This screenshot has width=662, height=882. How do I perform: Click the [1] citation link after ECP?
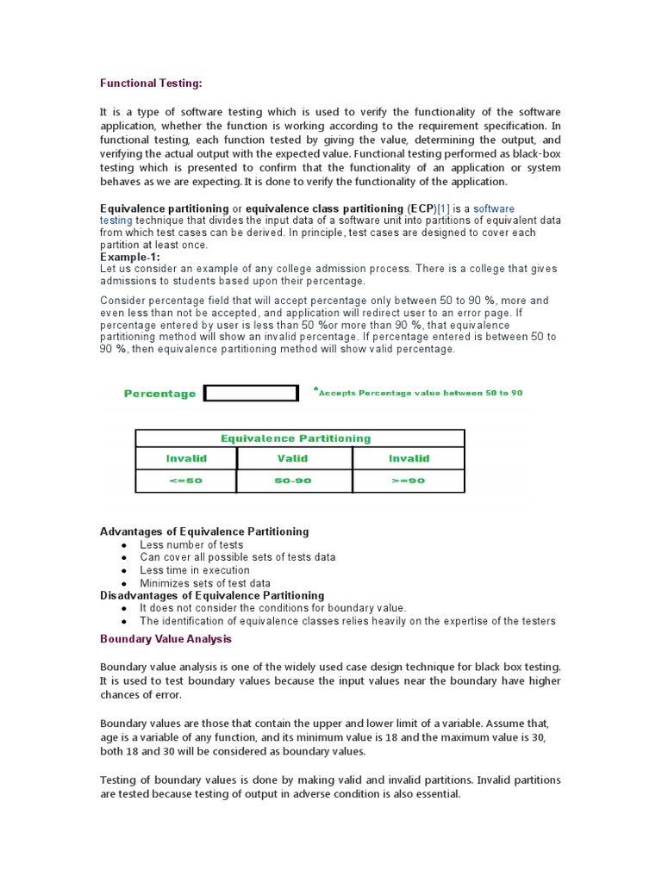click(x=443, y=208)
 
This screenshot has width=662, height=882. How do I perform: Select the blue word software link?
click(x=494, y=208)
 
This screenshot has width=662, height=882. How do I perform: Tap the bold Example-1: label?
click(x=130, y=257)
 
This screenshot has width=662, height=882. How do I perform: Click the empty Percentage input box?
click(x=251, y=394)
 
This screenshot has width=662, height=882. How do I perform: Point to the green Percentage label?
click(x=159, y=394)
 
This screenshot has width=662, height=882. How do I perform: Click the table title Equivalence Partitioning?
click(x=296, y=438)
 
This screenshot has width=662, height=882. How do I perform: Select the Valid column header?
click(x=292, y=458)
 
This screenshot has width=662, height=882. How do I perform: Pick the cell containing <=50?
click(x=185, y=481)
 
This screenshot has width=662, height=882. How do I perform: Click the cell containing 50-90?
click(x=292, y=481)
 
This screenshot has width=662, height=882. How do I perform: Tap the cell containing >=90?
click(x=408, y=481)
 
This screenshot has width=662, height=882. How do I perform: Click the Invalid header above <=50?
click(x=185, y=458)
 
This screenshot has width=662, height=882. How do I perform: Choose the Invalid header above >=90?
click(x=408, y=458)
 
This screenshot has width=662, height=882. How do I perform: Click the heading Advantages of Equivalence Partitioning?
click(x=204, y=531)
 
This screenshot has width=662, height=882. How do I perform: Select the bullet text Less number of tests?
click(x=191, y=544)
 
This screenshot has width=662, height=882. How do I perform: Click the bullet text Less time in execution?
click(x=195, y=570)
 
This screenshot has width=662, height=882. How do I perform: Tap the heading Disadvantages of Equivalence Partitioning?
click(x=212, y=595)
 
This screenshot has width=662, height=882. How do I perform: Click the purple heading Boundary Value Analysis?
click(x=165, y=639)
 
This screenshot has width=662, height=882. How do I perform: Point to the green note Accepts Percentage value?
click(x=420, y=393)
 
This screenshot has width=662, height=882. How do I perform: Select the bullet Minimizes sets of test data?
click(x=204, y=583)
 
